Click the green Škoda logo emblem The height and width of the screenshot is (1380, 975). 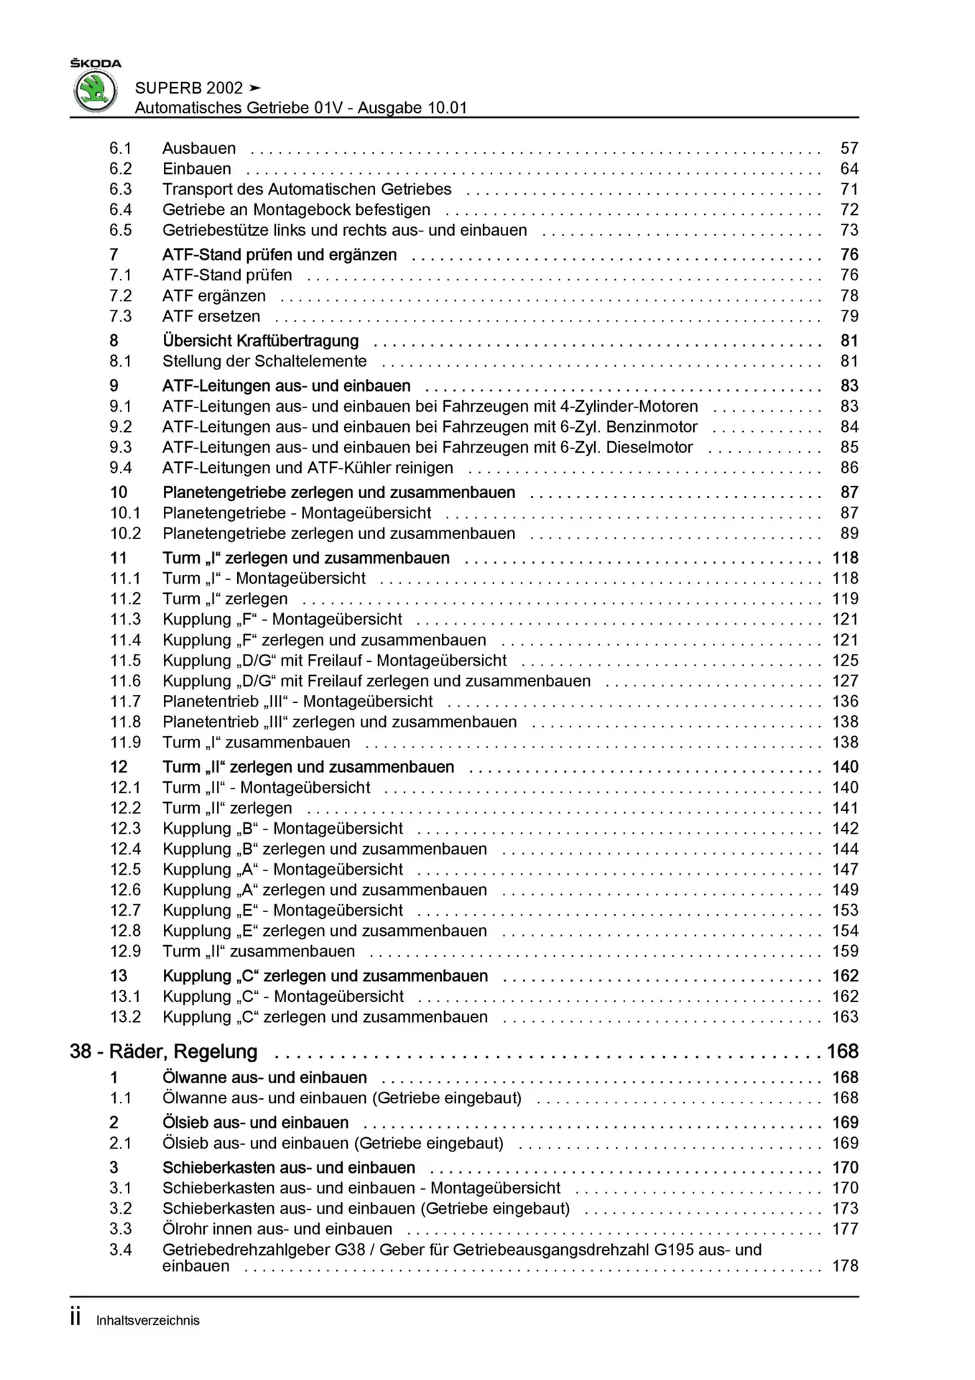click(x=96, y=91)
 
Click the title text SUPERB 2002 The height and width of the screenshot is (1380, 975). click(x=189, y=88)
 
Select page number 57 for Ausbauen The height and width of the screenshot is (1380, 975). click(x=849, y=149)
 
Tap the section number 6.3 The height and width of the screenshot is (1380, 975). click(x=121, y=190)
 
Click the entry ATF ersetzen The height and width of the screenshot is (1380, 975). click(x=211, y=317)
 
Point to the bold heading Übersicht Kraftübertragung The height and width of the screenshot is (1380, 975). click(x=260, y=341)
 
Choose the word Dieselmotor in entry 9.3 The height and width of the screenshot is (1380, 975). click(x=650, y=448)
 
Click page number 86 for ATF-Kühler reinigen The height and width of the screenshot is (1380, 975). click(x=849, y=469)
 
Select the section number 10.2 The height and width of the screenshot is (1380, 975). click(x=125, y=534)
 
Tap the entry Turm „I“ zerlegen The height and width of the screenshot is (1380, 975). click(x=225, y=599)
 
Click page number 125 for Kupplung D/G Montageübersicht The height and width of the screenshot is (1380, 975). click(x=845, y=661)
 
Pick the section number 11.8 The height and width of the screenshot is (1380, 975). click(x=125, y=722)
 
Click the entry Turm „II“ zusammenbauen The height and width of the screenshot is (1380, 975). click(x=259, y=952)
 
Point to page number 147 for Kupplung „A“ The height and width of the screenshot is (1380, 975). click(x=845, y=870)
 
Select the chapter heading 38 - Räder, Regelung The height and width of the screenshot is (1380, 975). click(x=164, y=1052)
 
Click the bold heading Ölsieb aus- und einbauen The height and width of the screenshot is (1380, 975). click(x=255, y=1123)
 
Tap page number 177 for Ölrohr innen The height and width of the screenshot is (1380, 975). click(x=845, y=1230)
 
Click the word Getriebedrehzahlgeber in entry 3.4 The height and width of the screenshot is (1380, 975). click(x=246, y=1250)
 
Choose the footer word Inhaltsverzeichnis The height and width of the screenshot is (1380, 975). click(x=148, y=1321)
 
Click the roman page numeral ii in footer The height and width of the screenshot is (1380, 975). click(x=75, y=1318)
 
